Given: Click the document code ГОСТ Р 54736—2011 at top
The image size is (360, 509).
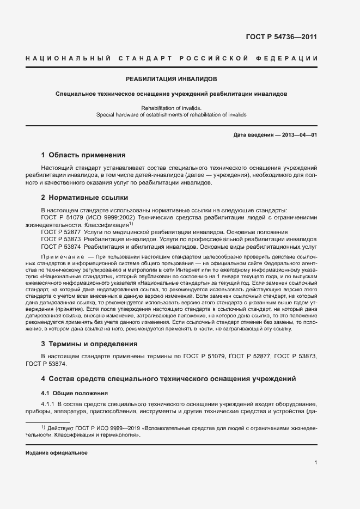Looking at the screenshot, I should (x=282, y=37).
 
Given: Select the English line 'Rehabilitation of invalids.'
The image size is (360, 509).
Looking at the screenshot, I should (x=171, y=108).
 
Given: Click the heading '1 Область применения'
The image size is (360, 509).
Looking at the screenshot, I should (x=83, y=155).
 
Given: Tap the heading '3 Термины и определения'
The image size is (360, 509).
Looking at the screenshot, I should (x=89, y=344).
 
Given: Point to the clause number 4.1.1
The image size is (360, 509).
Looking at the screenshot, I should (x=48, y=403).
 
